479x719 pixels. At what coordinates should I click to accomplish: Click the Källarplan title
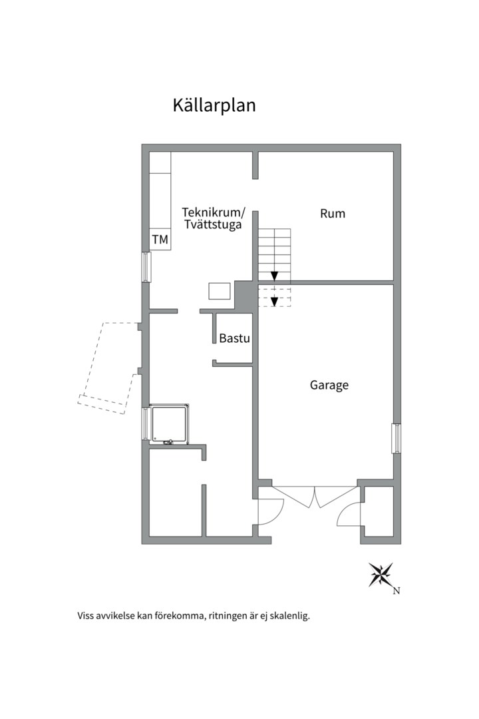(214, 105)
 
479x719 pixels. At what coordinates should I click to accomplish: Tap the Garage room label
(329, 385)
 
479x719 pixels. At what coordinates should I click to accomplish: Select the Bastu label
(234, 338)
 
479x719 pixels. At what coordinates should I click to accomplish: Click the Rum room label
(333, 214)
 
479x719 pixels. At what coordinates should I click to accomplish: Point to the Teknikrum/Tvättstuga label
(214, 219)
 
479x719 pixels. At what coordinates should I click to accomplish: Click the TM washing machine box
(160, 240)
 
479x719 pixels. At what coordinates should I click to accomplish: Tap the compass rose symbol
(381, 575)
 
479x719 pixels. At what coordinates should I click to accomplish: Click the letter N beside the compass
(397, 591)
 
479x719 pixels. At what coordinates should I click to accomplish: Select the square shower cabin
(169, 424)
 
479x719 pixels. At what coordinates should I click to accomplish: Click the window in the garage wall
(396, 439)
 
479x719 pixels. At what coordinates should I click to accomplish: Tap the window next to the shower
(145, 424)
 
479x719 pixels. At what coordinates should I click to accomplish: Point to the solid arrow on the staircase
(274, 275)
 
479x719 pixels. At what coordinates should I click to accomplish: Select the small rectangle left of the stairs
(220, 291)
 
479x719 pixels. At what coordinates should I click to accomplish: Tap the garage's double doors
(315, 496)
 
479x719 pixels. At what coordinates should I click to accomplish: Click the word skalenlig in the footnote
(289, 616)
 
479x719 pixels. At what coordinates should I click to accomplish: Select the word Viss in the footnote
(84, 615)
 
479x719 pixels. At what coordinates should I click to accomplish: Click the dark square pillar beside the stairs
(245, 296)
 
